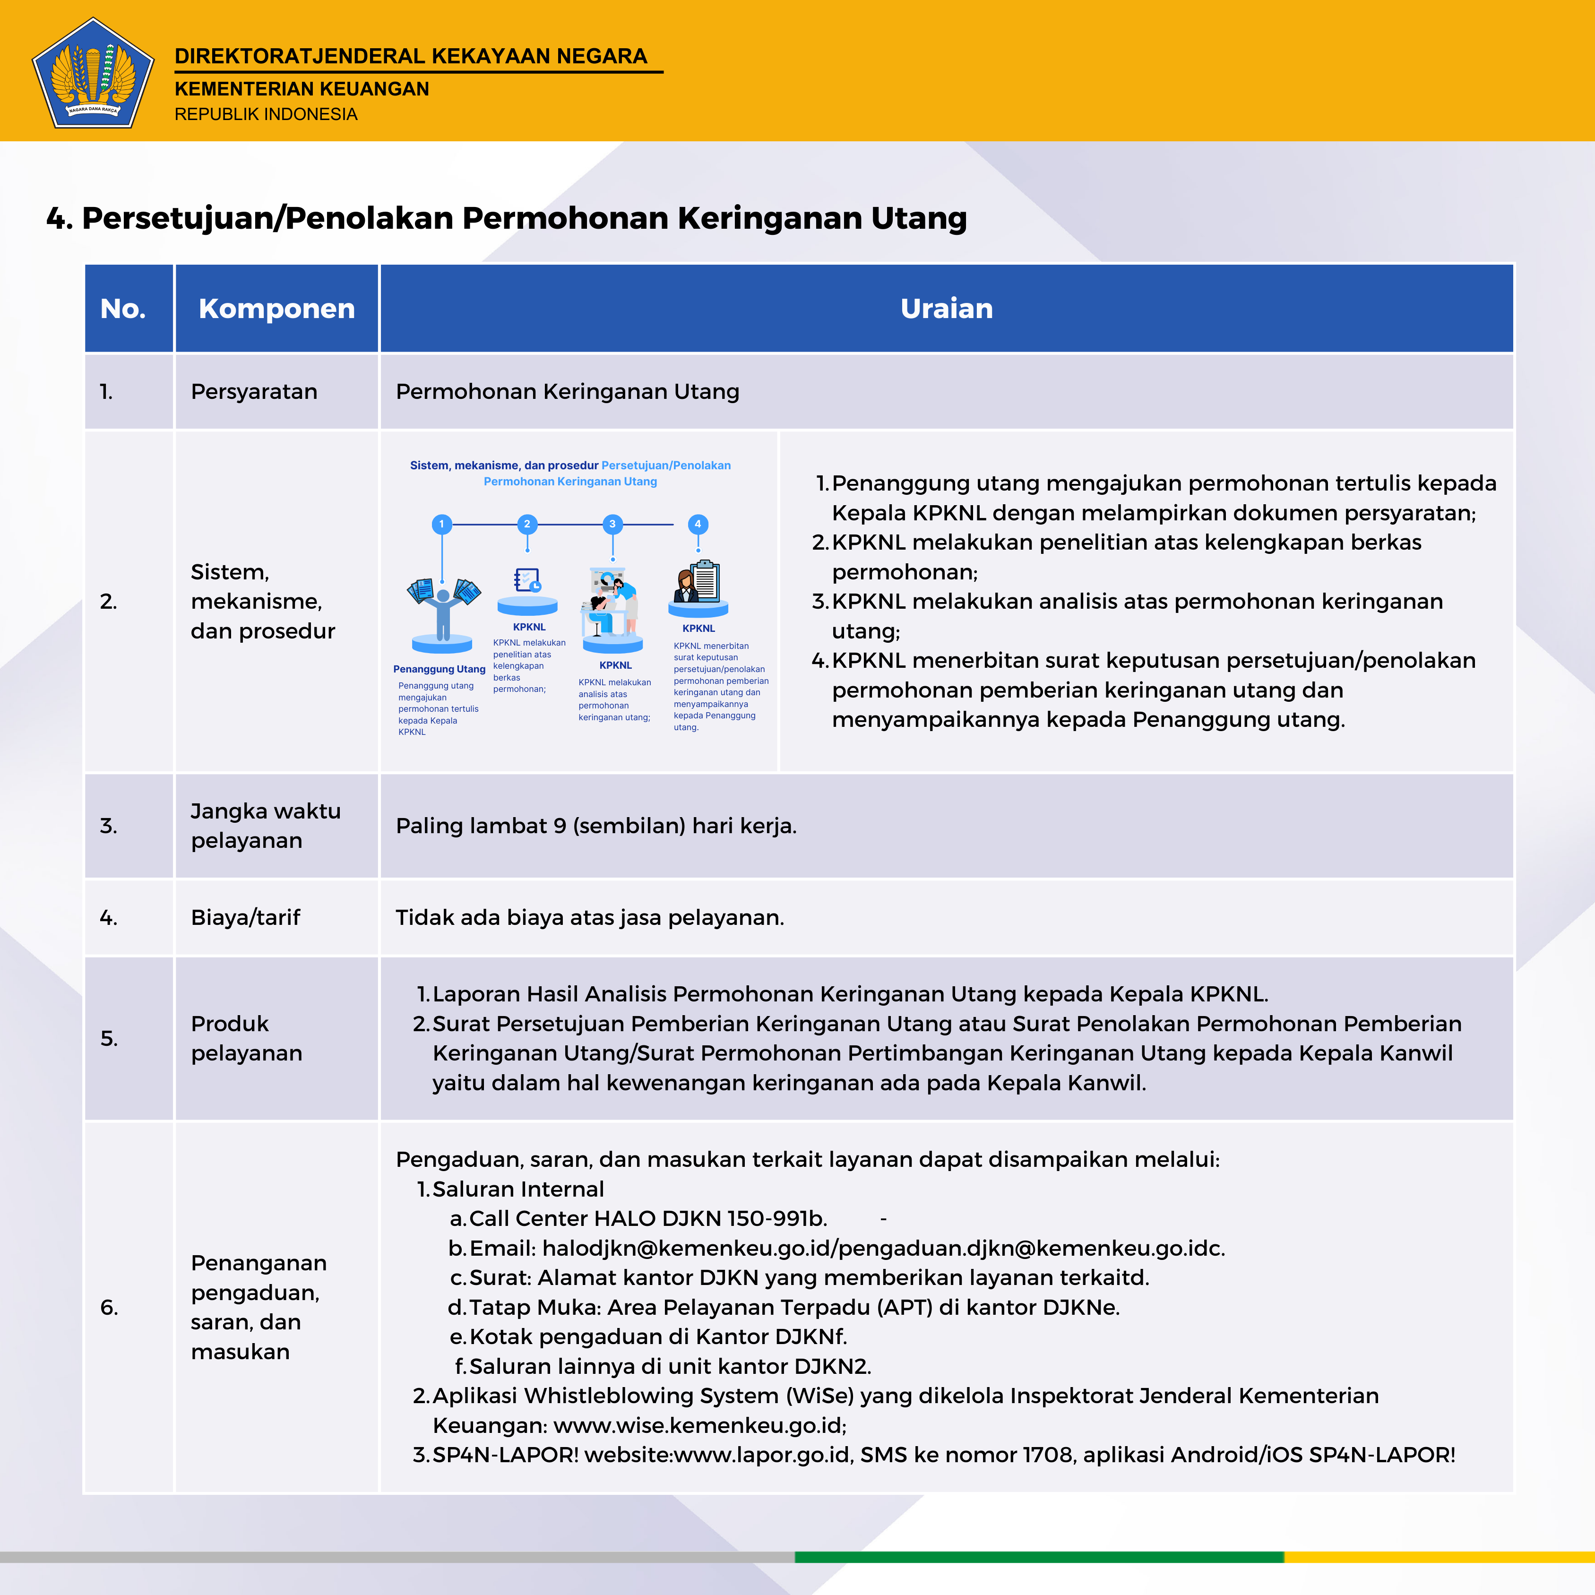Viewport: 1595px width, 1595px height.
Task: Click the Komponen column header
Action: [276, 308]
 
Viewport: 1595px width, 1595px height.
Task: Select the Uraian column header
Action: [946, 308]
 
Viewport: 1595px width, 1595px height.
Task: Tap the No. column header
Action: [123, 308]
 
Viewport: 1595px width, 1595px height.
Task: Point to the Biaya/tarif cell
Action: [245, 917]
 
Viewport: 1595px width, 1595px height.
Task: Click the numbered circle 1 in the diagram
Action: [442, 524]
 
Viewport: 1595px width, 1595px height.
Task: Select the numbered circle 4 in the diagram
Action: [698, 524]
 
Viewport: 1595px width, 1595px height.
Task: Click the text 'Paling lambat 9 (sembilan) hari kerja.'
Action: [596, 826]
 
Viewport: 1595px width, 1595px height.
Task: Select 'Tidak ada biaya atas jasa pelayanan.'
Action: [589, 917]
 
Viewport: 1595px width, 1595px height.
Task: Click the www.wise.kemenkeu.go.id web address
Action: [699, 1426]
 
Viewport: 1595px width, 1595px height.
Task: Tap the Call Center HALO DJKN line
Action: [647, 1218]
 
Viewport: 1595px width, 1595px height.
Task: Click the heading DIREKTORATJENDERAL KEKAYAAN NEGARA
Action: [410, 56]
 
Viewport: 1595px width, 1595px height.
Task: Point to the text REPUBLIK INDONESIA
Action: [266, 114]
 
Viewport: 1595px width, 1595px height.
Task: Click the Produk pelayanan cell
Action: [246, 1039]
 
